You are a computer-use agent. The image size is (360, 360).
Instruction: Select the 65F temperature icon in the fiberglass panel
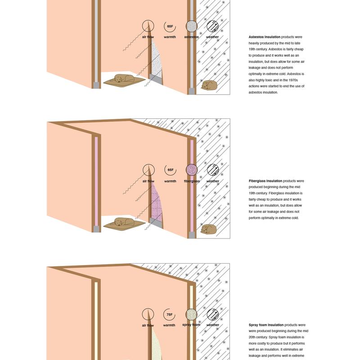(170, 170)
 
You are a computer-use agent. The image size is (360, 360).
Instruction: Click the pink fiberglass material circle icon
(191, 170)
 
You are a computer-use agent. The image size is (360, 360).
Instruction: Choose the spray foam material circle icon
(191, 315)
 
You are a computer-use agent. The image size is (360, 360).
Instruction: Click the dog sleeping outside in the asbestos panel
(209, 85)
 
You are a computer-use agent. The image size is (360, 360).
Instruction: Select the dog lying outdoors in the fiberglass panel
(209, 229)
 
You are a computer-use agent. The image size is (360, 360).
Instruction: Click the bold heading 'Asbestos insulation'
(264, 36)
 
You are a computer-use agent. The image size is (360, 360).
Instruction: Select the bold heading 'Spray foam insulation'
(266, 325)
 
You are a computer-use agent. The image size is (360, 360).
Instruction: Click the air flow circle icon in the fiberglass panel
(148, 170)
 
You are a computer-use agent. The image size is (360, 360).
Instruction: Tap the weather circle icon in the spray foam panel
(213, 315)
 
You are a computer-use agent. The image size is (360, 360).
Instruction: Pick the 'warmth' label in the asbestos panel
(170, 37)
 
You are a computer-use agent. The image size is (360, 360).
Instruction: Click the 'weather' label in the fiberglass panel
(213, 181)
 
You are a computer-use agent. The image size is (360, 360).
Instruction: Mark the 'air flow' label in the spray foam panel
(148, 325)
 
